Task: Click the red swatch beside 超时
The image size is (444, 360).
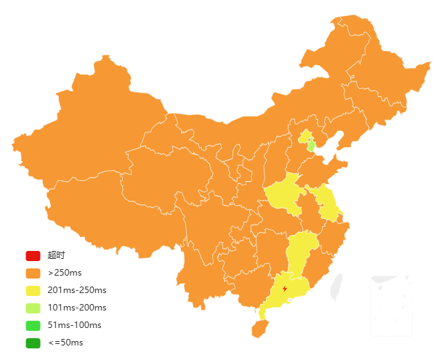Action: click(33, 255)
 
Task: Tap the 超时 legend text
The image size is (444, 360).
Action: click(56, 255)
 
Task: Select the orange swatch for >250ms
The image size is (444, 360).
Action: click(33, 273)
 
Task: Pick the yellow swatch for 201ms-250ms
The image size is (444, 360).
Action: click(33, 290)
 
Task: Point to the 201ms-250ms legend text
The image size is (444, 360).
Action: click(77, 290)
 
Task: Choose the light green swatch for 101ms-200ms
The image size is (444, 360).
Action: click(33, 308)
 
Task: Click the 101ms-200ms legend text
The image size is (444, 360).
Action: click(77, 308)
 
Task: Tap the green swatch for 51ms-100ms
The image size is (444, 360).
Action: click(33, 325)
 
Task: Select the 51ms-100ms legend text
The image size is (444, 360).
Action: click(75, 325)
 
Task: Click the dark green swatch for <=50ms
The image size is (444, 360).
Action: click(33, 343)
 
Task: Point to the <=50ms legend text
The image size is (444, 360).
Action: click(65, 343)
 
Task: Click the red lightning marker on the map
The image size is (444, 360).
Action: click(284, 289)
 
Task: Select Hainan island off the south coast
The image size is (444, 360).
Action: click(259, 329)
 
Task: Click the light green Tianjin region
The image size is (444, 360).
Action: click(311, 145)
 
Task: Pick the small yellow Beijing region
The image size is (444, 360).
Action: click(304, 136)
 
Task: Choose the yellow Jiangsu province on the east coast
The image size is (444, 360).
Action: click(328, 203)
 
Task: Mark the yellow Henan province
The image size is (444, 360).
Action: click(286, 196)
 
